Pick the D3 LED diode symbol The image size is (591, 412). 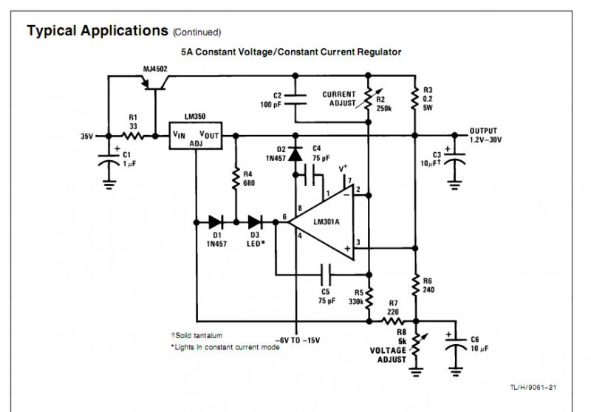(x=256, y=220)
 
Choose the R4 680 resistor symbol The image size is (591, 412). (x=236, y=179)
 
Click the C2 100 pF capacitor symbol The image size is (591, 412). (x=295, y=96)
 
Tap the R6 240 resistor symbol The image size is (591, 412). (x=416, y=284)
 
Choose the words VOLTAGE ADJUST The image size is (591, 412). (x=388, y=354)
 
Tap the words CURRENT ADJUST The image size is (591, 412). (x=339, y=99)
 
